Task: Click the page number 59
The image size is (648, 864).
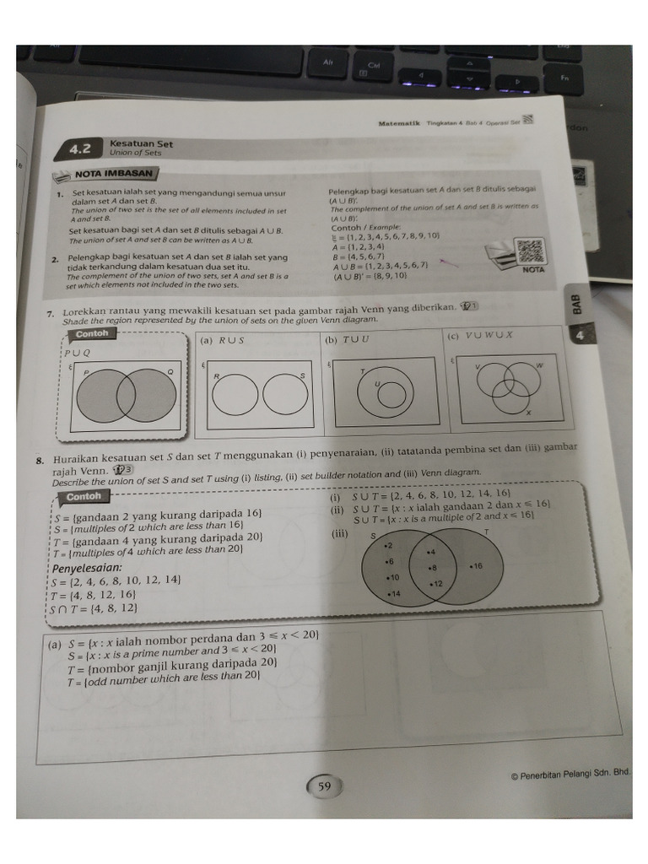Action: point(324,786)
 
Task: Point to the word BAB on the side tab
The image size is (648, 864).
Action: point(577,302)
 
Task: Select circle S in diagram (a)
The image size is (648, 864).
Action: point(286,394)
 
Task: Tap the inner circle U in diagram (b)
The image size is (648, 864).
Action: point(389,395)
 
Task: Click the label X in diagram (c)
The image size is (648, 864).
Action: point(529,413)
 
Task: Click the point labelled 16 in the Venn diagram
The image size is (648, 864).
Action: point(475,566)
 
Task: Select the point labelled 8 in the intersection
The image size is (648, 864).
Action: point(432,568)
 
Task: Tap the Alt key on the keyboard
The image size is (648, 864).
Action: point(328,62)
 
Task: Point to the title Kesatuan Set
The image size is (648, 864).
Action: point(141,143)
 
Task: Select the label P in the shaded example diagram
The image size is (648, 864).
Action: point(85,372)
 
